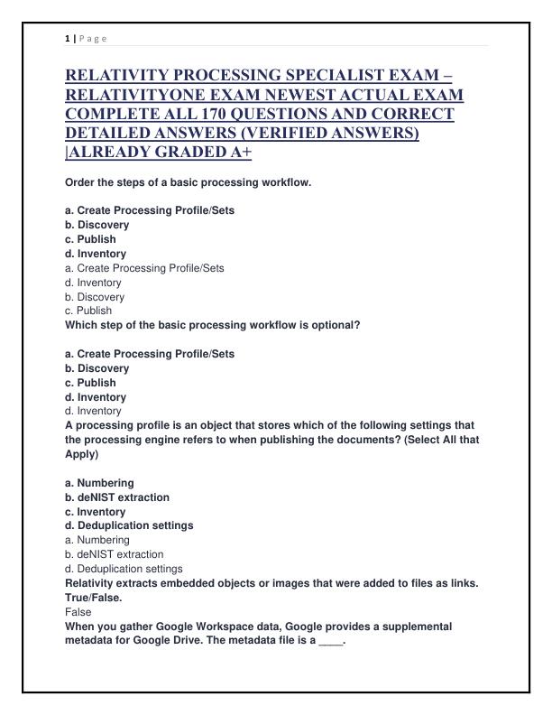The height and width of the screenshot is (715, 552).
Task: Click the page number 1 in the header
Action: pos(68,38)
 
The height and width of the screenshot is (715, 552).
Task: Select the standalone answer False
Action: pos(78,611)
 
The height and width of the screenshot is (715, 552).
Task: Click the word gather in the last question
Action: pos(131,626)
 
